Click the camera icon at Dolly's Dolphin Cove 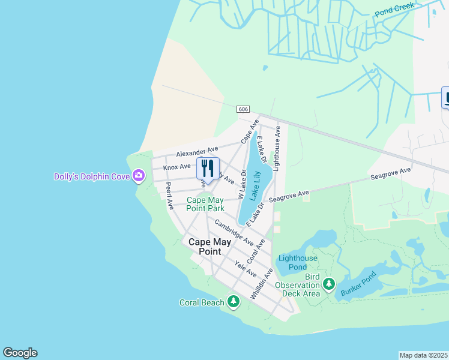(139, 176)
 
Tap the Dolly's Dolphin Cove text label (93, 176)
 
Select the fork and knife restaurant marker (208, 168)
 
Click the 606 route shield (243, 109)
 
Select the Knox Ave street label (176, 166)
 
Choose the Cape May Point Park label (205, 204)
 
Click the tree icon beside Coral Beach (233, 302)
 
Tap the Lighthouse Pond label (298, 262)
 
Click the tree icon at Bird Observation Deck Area (328, 284)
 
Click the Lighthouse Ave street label (277, 149)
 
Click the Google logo (20, 353)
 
